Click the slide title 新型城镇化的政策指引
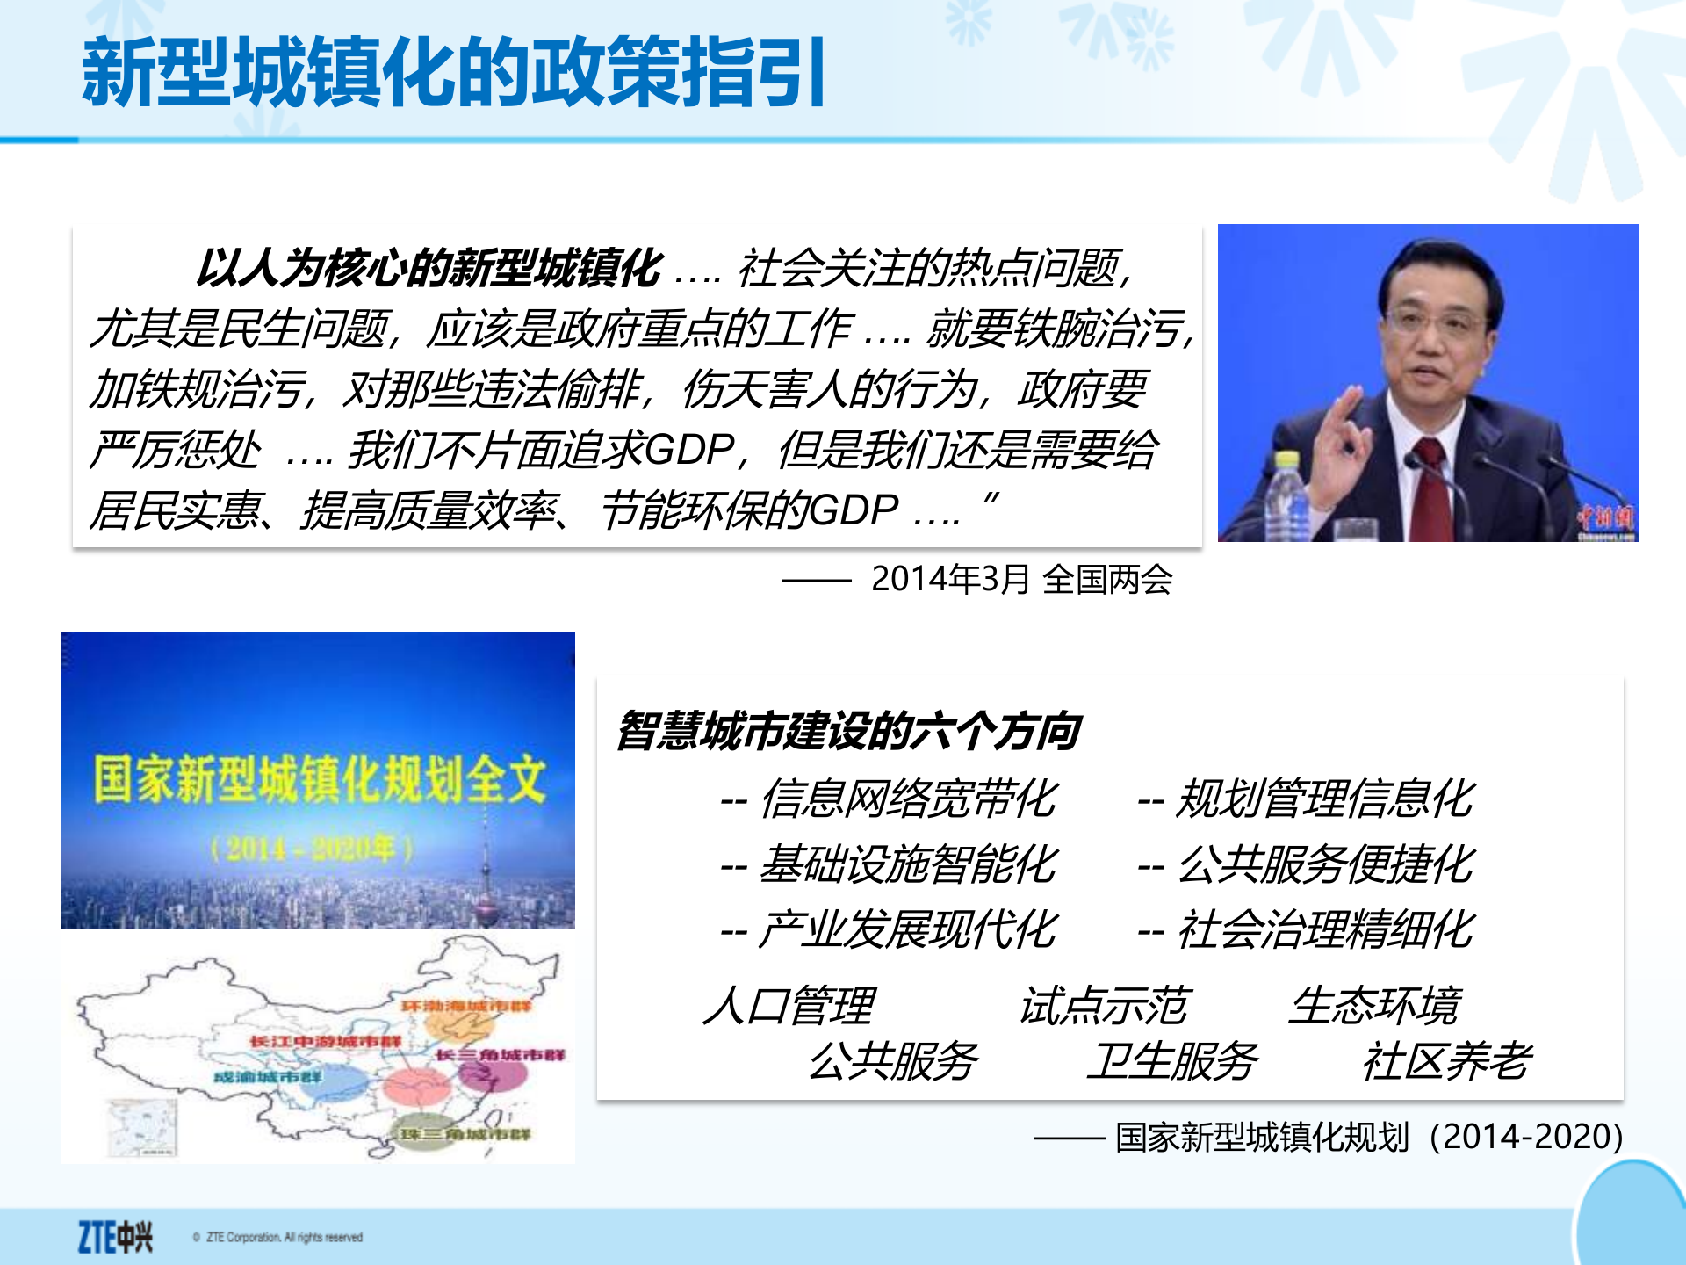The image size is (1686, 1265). coord(453,72)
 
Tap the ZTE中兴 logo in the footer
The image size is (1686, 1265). coord(115,1236)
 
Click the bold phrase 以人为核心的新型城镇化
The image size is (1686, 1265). coord(429,268)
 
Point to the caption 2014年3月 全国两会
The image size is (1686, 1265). coord(1021,579)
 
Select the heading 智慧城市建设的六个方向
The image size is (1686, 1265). coord(847,731)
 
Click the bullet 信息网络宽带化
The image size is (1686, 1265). coord(908,799)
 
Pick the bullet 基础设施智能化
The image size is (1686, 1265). coord(908,864)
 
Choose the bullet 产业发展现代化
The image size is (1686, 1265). coord(908,929)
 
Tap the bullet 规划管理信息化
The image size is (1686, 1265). coord(1324,799)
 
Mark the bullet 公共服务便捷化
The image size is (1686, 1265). coord(1324,864)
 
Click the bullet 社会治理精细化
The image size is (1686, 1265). coord(1324,929)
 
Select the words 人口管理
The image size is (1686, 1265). coord(789,1006)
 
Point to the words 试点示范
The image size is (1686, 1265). coord(1103,1006)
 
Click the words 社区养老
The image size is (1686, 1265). coord(1446,1061)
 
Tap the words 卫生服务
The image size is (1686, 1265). coord(1171,1061)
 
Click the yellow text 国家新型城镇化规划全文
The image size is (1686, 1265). coord(320,779)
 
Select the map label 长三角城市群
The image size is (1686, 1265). coord(500,1054)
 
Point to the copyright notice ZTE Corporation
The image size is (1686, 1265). coord(283,1237)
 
